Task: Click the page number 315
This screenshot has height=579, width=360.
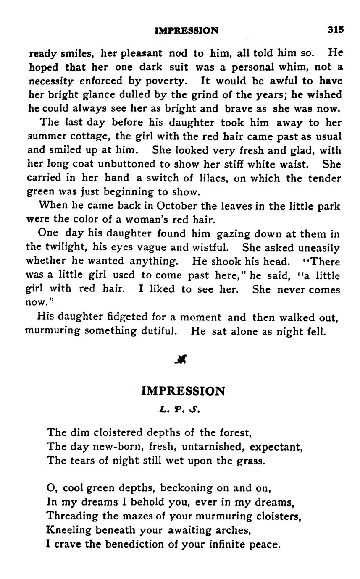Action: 336,30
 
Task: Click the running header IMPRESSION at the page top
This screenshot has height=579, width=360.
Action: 187,31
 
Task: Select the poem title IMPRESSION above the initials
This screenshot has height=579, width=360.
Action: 183,391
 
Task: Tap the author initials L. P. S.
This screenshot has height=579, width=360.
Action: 180,409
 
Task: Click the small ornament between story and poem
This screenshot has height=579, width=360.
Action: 181,359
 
